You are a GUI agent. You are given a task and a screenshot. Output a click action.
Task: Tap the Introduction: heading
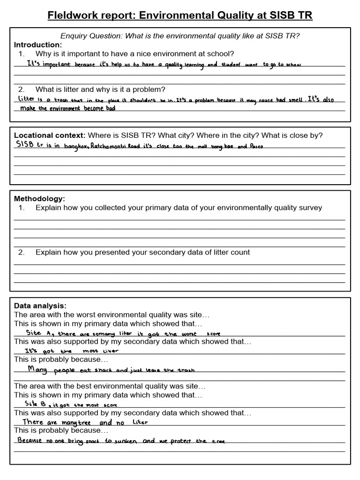click(x=38, y=45)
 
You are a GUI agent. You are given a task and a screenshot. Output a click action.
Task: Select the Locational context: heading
click(x=50, y=135)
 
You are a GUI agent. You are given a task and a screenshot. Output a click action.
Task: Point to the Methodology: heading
click(x=39, y=199)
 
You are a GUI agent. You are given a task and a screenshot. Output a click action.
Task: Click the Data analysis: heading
click(x=40, y=306)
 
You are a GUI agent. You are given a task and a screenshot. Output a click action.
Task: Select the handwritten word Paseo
click(x=256, y=146)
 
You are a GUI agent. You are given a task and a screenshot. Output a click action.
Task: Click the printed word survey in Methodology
click(x=310, y=208)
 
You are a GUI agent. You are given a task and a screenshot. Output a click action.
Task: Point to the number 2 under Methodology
click(x=21, y=252)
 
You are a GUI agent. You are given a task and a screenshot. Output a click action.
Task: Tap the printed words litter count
click(x=231, y=252)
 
